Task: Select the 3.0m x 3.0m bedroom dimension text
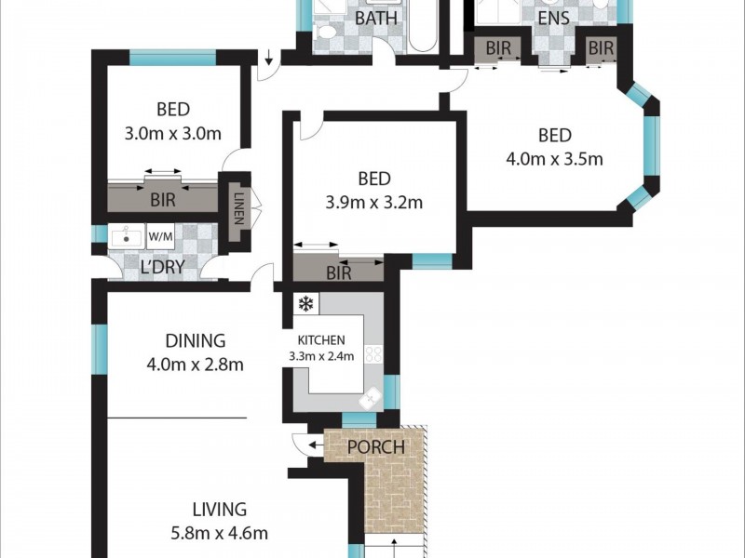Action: click(x=172, y=133)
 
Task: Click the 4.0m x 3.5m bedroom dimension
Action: click(x=554, y=158)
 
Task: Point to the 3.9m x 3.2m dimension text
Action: click(x=373, y=202)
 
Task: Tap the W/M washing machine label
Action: click(x=161, y=237)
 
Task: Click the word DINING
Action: click(x=195, y=341)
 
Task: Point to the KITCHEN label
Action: click(x=321, y=339)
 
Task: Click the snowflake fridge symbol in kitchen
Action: click(x=304, y=304)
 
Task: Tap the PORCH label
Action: click(x=375, y=447)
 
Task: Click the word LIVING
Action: click(x=219, y=510)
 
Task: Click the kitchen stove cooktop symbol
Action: click(x=373, y=354)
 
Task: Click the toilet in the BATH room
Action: click(x=325, y=33)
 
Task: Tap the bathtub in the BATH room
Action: click(x=420, y=26)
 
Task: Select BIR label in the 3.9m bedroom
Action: click(x=339, y=273)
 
